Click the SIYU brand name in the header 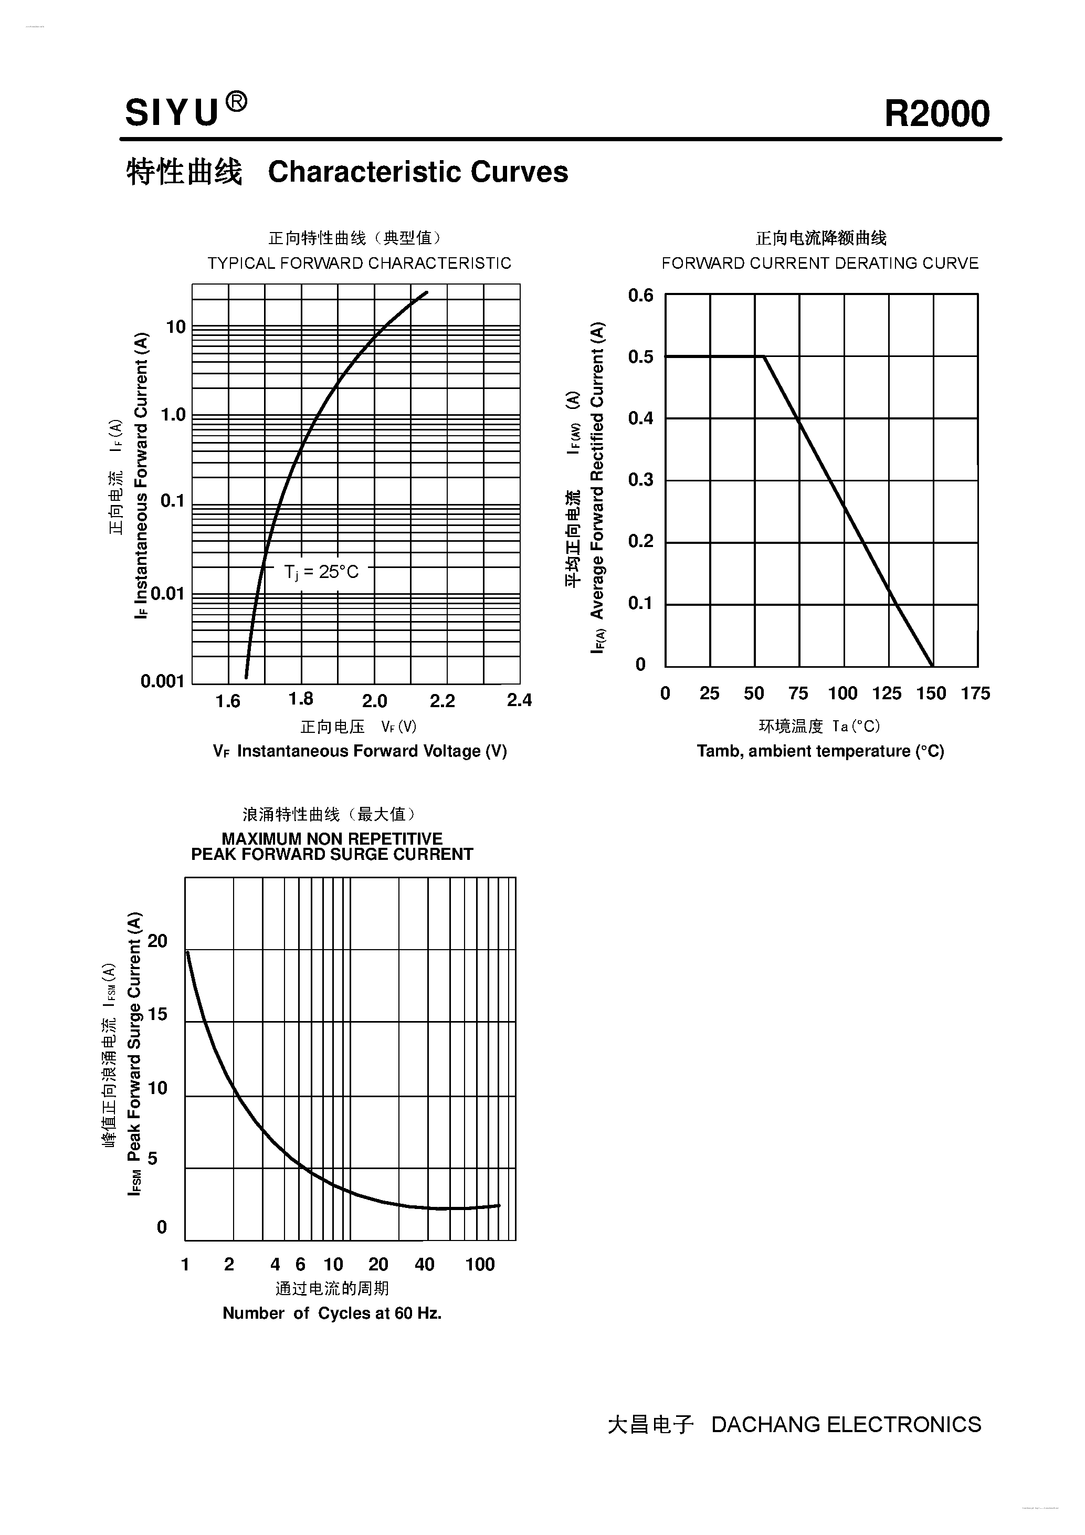click(172, 112)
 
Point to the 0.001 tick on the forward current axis click(162, 681)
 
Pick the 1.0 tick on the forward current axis click(173, 415)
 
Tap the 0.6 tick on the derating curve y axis click(640, 295)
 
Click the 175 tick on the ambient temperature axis click(975, 693)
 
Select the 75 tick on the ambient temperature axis click(798, 693)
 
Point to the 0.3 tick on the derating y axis click(640, 479)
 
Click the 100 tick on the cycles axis click(480, 1264)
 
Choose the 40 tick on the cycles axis click(425, 1264)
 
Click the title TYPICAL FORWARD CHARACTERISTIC click(359, 264)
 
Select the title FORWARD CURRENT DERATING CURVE click(820, 264)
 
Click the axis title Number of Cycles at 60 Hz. click(332, 1313)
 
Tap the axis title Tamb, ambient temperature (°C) click(820, 751)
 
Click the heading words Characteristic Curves click(418, 172)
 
